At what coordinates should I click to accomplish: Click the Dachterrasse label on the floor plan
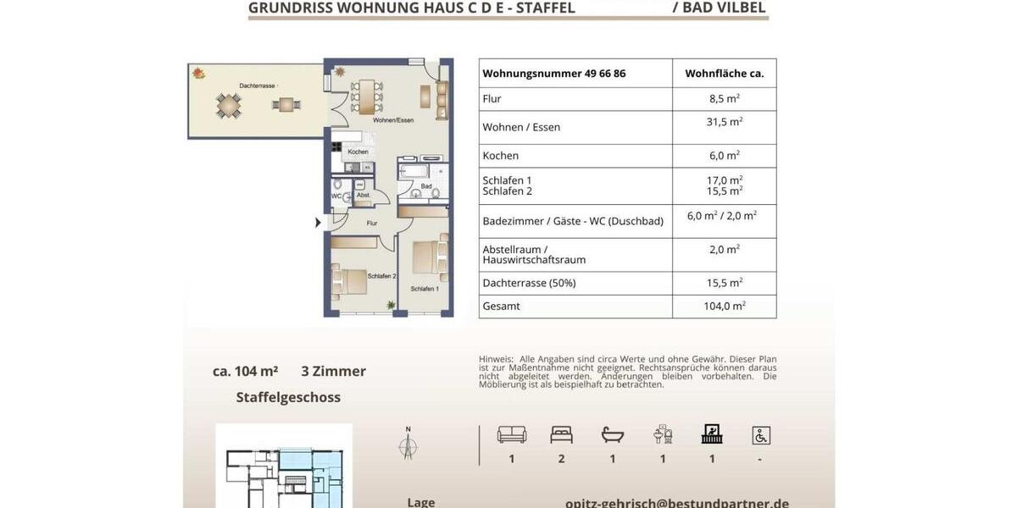click(x=258, y=86)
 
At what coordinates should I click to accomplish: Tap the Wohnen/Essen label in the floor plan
click(x=393, y=121)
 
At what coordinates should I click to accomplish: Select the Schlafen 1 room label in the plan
click(x=425, y=289)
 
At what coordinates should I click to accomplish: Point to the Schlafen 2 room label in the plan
click(x=382, y=276)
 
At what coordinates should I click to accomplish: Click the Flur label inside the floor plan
click(x=371, y=224)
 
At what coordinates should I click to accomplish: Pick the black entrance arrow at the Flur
click(x=318, y=223)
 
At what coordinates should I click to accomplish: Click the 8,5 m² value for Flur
click(x=724, y=98)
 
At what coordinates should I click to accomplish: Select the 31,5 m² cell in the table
click(x=724, y=122)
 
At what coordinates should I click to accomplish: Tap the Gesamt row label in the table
click(x=501, y=306)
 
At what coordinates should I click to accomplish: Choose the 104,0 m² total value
click(x=724, y=306)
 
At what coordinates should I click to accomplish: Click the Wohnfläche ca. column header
click(x=724, y=74)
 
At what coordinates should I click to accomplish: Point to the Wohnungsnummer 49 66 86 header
click(x=553, y=74)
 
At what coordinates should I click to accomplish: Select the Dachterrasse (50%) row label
click(x=529, y=283)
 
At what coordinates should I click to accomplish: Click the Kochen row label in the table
click(x=500, y=156)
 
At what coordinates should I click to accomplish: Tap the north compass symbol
click(x=408, y=444)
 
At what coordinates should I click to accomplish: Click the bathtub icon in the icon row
click(x=612, y=435)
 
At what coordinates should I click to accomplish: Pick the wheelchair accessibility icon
click(x=760, y=435)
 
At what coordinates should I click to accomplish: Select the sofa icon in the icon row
click(x=511, y=435)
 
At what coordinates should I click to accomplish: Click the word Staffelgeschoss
click(x=288, y=397)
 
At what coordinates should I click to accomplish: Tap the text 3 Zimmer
click(x=333, y=371)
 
